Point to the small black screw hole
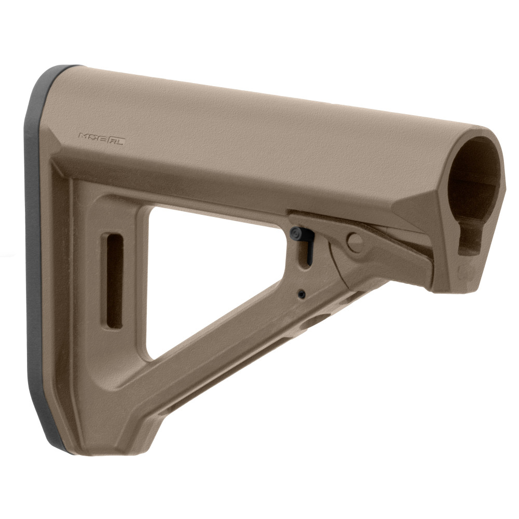(x=302, y=294)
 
